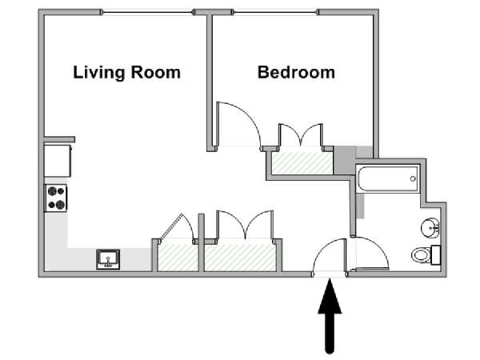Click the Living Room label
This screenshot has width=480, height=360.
(126, 73)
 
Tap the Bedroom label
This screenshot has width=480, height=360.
(296, 73)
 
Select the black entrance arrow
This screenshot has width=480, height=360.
(330, 316)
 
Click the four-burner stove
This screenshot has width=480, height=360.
(56, 198)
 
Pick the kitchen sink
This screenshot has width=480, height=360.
(108, 259)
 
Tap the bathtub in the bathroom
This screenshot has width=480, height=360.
(387, 179)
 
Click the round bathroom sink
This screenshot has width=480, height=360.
(430, 227)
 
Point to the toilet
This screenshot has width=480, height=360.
(426, 254)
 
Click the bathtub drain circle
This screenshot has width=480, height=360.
(413, 178)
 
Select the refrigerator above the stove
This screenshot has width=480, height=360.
(58, 161)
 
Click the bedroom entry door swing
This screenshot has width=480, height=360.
(238, 125)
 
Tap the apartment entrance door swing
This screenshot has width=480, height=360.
(330, 256)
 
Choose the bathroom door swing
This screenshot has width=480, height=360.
(370, 254)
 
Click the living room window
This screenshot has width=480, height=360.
(147, 13)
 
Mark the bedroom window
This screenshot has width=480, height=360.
(275, 13)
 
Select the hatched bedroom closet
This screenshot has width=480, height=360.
(302, 163)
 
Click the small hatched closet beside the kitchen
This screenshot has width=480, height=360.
(178, 258)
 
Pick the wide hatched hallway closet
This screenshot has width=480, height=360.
(241, 258)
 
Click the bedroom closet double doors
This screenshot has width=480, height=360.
(301, 135)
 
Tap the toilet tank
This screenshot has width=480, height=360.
(436, 255)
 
